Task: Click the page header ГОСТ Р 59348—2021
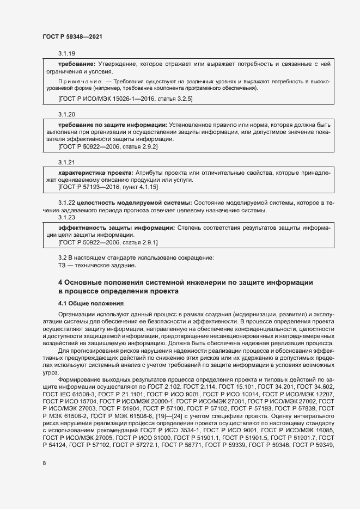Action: pyautogui.click(x=72, y=36)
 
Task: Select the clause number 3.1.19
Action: pyautogui.click(x=66, y=53)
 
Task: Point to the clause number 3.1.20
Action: pyautogui.click(x=66, y=114)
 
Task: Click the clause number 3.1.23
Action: pyautogui.click(x=66, y=217)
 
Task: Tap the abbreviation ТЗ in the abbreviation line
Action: pyautogui.click(x=62, y=266)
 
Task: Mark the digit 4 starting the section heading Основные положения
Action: pyautogui.click(x=60, y=282)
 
